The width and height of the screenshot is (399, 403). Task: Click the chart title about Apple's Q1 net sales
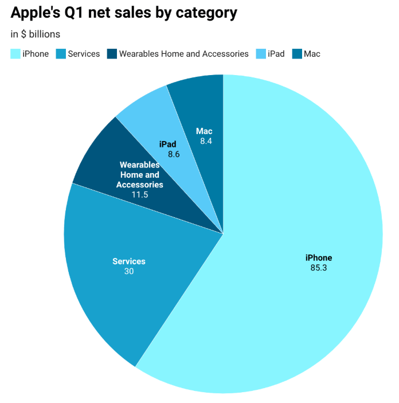[x=123, y=13]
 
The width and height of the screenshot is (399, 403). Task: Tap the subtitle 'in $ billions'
[x=35, y=34]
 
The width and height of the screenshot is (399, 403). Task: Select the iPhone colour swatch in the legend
[x=15, y=54]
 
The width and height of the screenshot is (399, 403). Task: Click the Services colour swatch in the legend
[x=60, y=54]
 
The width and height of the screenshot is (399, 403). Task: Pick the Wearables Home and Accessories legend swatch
[x=111, y=54]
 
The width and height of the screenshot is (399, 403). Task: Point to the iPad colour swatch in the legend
[x=260, y=54]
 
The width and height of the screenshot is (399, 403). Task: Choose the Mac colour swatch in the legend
[x=296, y=54]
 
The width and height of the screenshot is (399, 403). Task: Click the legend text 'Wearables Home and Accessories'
[x=183, y=54]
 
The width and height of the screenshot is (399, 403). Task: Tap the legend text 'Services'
[x=84, y=54]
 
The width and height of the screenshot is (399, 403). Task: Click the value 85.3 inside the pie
[x=319, y=268]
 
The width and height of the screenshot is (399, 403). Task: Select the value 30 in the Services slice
[x=129, y=271]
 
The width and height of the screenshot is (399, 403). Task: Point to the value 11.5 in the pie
[x=139, y=195]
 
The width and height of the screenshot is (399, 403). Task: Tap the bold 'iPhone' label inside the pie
[x=319, y=258]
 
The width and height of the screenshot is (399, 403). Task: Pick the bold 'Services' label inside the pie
[x=129, y=261]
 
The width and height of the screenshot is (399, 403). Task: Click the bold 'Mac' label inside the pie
[x=204, y=131]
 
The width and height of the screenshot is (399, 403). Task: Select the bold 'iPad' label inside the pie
[x=168, y=144]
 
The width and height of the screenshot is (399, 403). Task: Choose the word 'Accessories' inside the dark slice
[x=139, y=185]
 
